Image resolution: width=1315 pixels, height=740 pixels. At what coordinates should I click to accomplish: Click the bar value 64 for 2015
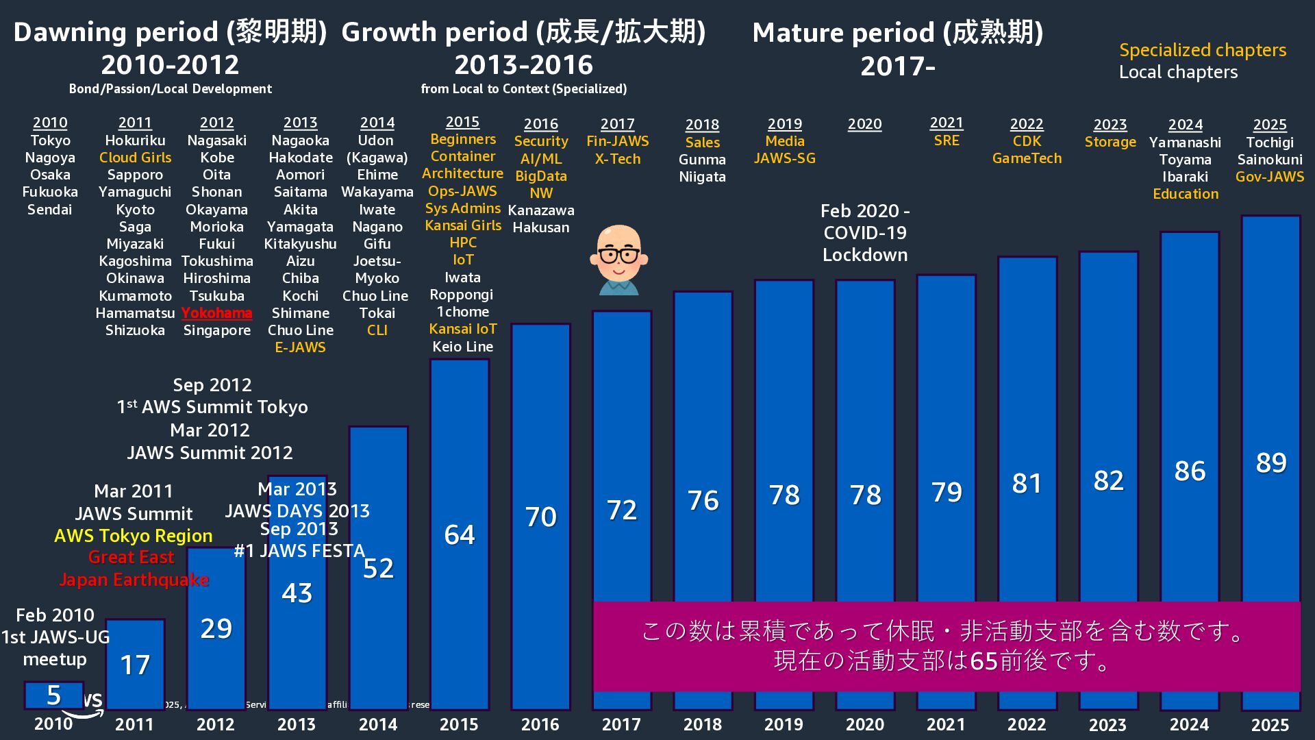pos(460,534)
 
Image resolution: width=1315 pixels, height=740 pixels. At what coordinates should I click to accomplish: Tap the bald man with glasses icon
pos(619,260)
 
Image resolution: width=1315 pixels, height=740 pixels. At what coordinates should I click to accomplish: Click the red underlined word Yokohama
pos(216,313)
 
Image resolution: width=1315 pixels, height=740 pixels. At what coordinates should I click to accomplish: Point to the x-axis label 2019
pos(784,724)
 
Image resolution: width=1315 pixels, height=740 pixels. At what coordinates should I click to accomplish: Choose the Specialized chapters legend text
pos(1202,50)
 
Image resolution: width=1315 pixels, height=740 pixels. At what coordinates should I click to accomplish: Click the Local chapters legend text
pos(1178,72)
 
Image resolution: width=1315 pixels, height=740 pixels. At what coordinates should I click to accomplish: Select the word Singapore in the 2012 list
pos(216,330)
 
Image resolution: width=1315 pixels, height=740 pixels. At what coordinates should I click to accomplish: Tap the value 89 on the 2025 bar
pos(1270,463)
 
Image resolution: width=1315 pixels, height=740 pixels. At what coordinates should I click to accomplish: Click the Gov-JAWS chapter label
pos(1269,177)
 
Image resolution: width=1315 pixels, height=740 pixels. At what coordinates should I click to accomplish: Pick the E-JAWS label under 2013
pos(300,347)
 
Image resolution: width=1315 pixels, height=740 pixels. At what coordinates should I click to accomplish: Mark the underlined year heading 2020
pos(864,124)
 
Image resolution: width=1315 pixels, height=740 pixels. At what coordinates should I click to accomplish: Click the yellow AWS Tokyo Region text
pos(133,536)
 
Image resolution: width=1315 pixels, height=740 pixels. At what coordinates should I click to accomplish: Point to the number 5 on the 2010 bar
pos(54,695)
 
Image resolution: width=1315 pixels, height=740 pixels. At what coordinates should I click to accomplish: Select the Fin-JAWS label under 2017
pos(617,141)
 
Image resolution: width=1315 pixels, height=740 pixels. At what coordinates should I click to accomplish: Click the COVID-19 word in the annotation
pos(864,233)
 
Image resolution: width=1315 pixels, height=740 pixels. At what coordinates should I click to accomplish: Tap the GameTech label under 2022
pos(1027,158)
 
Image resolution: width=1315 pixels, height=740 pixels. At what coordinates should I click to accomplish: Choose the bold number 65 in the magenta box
pos(984,661)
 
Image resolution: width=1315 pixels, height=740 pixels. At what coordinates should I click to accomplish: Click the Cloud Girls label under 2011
pos(135,158)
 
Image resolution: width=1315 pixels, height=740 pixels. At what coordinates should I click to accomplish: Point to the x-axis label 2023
pos(1107,724)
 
